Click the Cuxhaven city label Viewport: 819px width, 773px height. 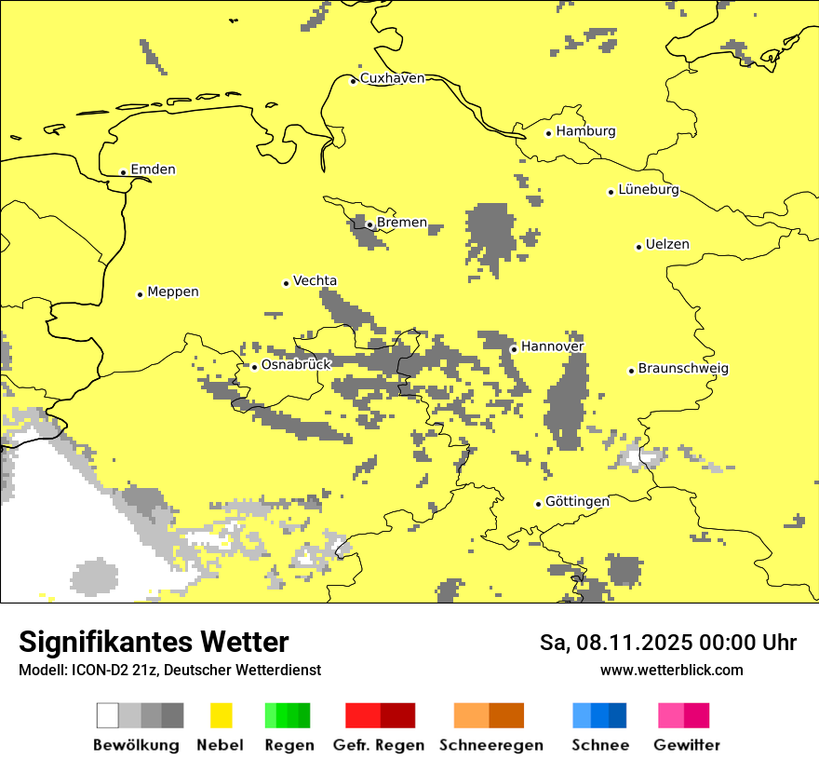[392, 78]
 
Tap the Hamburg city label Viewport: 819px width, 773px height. [585, 131]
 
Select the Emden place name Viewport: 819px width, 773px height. [153, 170]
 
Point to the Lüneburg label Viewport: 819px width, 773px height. [648, 190]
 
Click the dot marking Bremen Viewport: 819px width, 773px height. [369, 224]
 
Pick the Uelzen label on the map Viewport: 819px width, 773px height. [667, 245]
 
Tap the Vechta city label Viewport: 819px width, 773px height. [315, 281]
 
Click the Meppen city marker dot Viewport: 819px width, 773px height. [140, 294]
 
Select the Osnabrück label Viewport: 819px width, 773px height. [296, 365]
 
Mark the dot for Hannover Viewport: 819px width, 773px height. [514, 349]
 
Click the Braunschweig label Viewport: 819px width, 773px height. [683, 369]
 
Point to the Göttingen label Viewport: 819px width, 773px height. [577, 502]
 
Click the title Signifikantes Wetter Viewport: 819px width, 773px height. [154, 642]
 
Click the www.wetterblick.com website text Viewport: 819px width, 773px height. [671, 671]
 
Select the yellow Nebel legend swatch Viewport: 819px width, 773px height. [221, 715]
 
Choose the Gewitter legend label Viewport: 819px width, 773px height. [686, 745]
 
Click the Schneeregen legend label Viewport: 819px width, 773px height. [490, 745]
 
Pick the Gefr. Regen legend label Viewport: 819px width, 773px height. [378, 745]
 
